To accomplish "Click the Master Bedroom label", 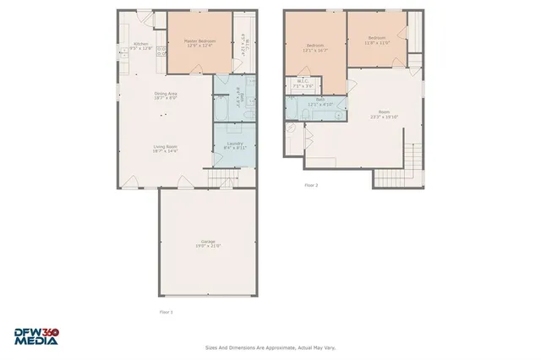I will point(200,43).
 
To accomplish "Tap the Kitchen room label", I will point(141,46).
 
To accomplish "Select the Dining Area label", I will point(165,95).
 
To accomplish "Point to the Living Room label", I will point(165,149).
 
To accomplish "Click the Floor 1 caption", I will point(166,312).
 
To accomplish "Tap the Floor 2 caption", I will point(311,184).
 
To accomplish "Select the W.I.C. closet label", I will point(303,85).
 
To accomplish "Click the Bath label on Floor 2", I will point(321,101).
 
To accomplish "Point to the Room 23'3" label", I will point(385,114).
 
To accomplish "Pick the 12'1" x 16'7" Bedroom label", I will point(315,47).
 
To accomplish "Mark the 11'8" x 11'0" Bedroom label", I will point(376,40).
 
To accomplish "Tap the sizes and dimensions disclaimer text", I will point(270,346).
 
